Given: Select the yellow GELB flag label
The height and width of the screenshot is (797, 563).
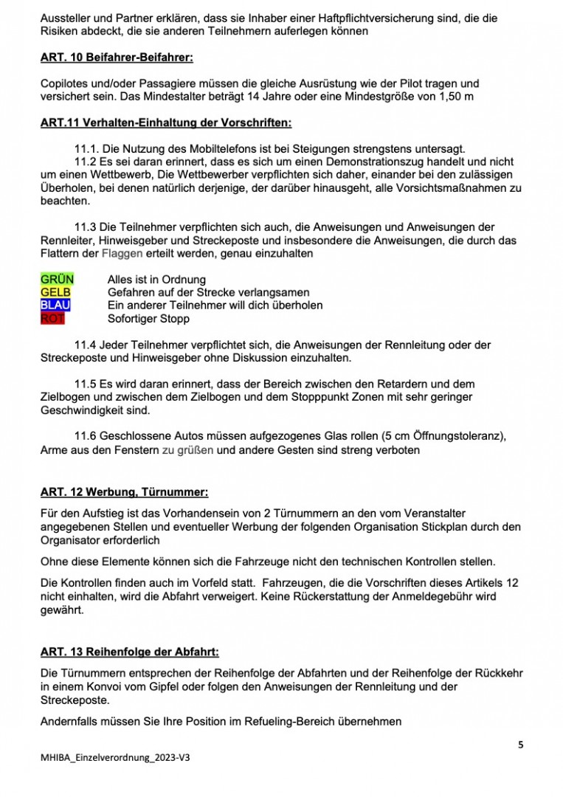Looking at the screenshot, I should (x=55, y=292).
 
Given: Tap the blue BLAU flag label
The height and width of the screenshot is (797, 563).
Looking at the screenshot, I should (x=55, y=306).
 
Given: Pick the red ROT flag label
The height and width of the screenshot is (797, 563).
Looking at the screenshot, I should (x=52, y=319).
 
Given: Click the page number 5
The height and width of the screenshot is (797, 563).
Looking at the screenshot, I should (x=521, y=745).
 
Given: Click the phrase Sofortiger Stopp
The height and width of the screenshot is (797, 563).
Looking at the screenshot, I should (x=148, y=319).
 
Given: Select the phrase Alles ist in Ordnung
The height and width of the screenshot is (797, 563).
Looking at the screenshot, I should (x=156, y=280).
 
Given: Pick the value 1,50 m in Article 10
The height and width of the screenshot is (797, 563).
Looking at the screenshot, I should (x=453, y=97).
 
